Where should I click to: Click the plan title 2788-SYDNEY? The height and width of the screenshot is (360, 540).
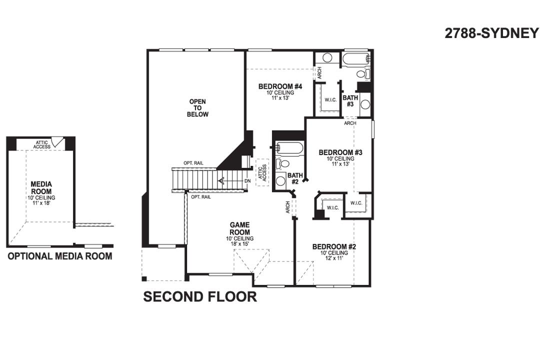491,33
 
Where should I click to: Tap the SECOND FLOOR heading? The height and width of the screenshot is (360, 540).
200,296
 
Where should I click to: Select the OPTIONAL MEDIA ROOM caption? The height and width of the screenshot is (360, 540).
59,256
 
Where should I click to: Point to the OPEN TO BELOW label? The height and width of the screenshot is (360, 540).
197,108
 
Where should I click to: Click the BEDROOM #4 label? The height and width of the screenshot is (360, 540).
279,86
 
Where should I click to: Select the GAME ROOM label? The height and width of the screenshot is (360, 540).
239,228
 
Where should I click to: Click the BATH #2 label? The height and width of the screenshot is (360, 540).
294,178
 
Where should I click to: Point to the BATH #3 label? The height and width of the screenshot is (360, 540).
350,100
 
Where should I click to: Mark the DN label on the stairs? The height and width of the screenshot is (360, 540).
247,181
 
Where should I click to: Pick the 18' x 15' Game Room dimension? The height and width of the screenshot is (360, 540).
239,244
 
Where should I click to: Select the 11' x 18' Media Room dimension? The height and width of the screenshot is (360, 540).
41,203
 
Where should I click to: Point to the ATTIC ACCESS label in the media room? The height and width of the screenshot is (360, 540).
42,144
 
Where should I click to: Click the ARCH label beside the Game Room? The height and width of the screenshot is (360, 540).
288,207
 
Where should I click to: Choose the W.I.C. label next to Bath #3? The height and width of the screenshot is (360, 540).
330,100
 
